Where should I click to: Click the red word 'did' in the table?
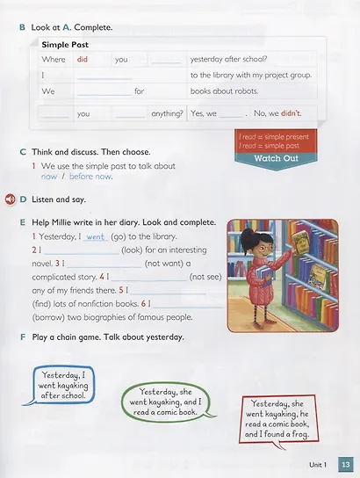point(83,59)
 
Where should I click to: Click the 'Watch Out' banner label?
point(276,158)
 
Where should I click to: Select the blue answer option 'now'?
point(49,177)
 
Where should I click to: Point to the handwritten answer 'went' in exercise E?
point(97,237)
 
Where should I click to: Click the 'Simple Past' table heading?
point(65,44)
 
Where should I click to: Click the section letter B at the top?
point(21,26)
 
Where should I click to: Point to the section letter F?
point(21,337)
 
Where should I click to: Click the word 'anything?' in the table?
point(167,113)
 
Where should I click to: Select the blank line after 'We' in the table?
point(102,91)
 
